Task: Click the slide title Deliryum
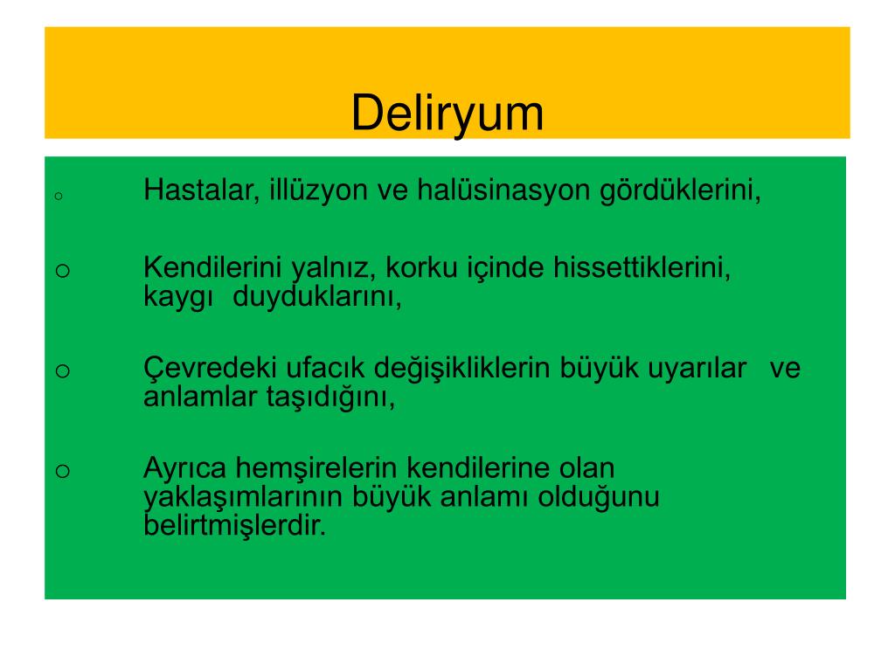[447, 114]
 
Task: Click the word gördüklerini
[681, 190]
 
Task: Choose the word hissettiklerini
[642, 267]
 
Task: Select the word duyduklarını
[317, 297]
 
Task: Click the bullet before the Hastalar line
[57, 197]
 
